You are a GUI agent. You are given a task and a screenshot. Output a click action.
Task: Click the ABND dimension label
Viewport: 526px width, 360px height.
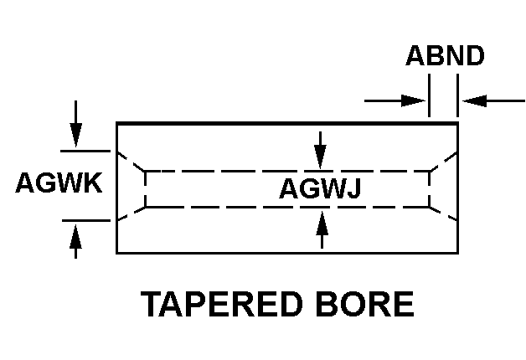tap(445, 56)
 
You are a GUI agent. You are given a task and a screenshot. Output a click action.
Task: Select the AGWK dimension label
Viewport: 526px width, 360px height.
tap(59, 183)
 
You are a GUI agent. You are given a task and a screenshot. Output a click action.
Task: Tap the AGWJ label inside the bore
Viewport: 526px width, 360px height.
tap(320, 189)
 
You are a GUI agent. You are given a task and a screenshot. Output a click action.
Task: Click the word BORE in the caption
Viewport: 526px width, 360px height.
tap(370, 304)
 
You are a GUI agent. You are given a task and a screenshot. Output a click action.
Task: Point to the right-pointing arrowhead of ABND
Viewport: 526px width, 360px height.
tap(416, 100)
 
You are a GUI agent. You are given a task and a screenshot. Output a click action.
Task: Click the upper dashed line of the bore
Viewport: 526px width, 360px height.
tap(285, 171)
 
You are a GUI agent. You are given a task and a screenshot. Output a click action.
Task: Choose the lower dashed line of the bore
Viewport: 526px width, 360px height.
tap(285, 206)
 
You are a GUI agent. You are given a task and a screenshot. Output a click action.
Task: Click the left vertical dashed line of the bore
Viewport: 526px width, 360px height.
tap(146, 188)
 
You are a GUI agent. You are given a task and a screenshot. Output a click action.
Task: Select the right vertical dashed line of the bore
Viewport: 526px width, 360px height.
tap(430, 188)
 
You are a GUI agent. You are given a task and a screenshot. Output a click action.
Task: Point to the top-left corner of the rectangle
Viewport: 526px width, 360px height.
tap(117, 123)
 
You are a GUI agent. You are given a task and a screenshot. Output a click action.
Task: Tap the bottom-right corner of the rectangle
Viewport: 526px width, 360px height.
tap(457, 252)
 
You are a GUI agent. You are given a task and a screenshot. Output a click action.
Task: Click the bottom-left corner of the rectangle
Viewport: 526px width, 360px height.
tap(117, 252)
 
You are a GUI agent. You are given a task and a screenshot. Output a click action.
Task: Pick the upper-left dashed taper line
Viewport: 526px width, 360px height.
tap(131, 162)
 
